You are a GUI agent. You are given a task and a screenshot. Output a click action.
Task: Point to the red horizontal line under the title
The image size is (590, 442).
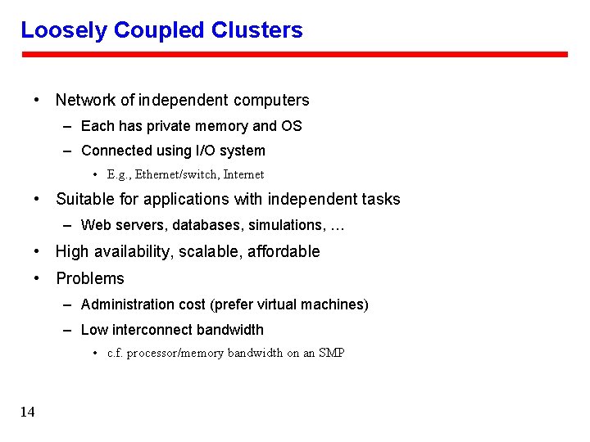294,55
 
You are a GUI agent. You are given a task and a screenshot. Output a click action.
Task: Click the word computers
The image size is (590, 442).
271,101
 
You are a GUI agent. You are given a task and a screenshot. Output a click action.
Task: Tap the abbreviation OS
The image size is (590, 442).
292,126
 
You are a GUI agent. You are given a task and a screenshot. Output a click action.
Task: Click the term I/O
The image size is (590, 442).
206,151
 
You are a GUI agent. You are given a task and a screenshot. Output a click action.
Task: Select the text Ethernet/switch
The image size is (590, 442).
178,174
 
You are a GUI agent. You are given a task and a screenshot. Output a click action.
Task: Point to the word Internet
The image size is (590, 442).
244,174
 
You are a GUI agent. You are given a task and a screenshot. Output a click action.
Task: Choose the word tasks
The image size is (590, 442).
382,200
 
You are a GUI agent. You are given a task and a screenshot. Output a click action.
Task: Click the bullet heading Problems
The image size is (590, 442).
90,279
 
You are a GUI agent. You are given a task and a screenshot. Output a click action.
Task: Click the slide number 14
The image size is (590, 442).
28,412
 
